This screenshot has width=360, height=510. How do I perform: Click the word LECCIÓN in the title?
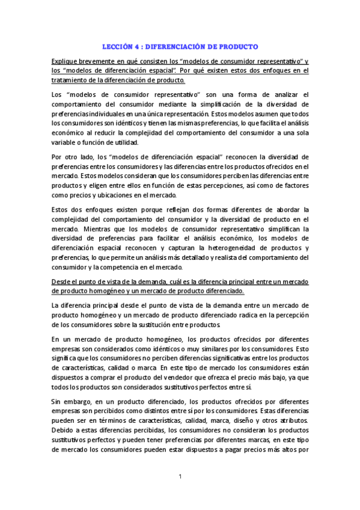coord(117,46)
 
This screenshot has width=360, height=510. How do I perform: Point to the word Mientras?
coord(91,229)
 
